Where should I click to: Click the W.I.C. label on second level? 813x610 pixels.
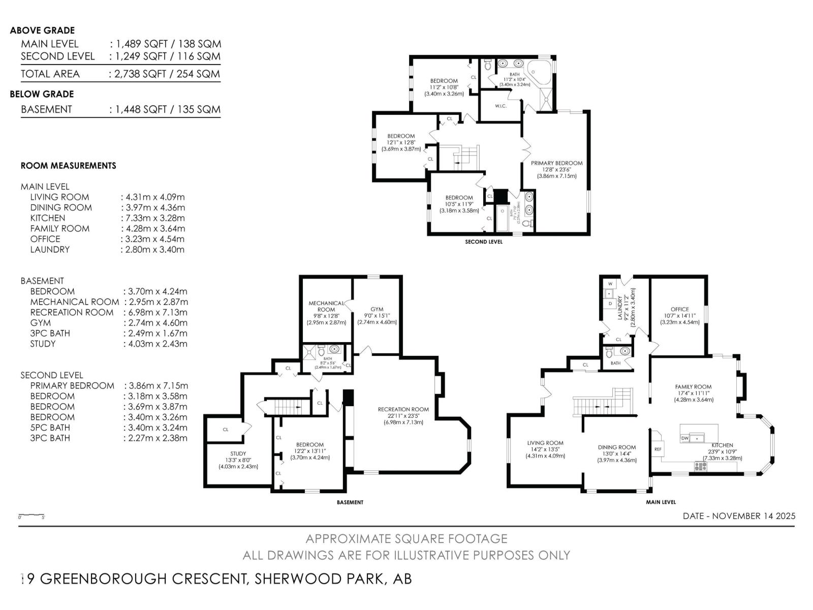pyautogui.click(x=501, y=106)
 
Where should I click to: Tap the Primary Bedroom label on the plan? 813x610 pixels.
pyautogui.click(x=556, y=164)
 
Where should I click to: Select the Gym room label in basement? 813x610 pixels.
pyautogui.click(x=377, y=309)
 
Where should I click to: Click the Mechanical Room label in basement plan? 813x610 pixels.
pyautogui.click(x=326, y=307)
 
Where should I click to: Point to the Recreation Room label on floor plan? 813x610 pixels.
pyautogui.click(x=403, y=409)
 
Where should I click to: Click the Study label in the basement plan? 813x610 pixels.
pyautogui.click(x=238, y=453)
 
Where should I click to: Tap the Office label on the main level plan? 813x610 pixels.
pyautogui.click(x=679, y=309)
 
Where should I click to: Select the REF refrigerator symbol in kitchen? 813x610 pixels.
pyautogui.click(x=658, y=449)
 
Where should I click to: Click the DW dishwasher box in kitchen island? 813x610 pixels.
pyautogui.click(x=685, y=438)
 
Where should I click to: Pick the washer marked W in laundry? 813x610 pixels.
pyautogui.click(x=610, y=284)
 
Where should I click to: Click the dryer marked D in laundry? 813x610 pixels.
pyautogui.click(x=610, y=303)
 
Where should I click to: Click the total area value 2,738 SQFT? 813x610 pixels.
pyautogui.click(x=165, y=74)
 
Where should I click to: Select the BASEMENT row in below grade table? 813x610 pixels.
pyautogui.click(x=120, y=109)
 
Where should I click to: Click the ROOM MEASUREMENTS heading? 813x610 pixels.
pyautogui.click(x=68, y=166)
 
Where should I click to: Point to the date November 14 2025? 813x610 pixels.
pyautogui.click(x=739, y=516)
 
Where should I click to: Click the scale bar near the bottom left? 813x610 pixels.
pyautogui.click(x=32, y=515)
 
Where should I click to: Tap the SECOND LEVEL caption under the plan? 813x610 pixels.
pyautogui.click(x=483, y=242)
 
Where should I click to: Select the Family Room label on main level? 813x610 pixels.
pyautogui.click(x=693, y=387)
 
